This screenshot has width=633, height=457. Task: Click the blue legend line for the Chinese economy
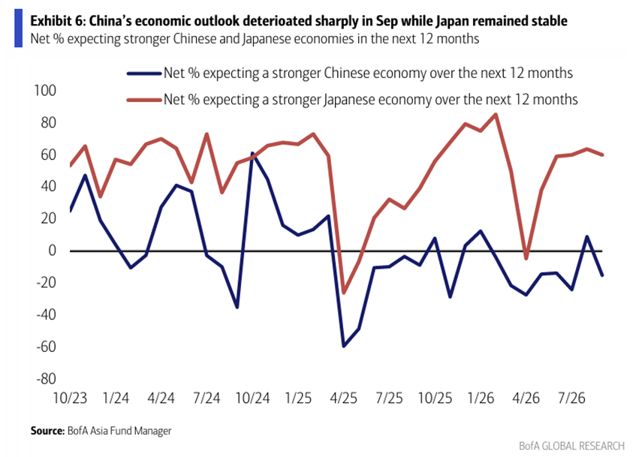[x=144, y=74]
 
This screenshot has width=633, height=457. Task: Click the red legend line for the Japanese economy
[x=144, y=100]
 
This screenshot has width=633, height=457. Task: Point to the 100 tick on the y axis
[x=45, y=90]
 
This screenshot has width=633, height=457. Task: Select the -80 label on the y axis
[x=46, y=379]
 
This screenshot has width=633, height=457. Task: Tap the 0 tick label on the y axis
[x=52, y=251]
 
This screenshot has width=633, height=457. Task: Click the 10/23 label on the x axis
[x=71, y=398]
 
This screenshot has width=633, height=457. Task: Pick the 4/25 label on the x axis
[x=344, y=398]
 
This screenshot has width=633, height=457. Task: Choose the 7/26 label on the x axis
[x=571, y=398]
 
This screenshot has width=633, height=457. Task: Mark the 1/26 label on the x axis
[x=481, y=398]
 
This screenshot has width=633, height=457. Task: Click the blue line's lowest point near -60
[x=344, y=346]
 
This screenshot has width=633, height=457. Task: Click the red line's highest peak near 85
[x=496, y=114]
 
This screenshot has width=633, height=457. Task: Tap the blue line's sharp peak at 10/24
[x=252, y=153]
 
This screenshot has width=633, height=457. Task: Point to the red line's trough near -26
[x=344, y=293]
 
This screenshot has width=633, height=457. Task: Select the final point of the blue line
[x=602, y=275]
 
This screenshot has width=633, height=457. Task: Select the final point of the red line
[x=602, y=155]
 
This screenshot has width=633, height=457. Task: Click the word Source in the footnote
[x=47, y=431]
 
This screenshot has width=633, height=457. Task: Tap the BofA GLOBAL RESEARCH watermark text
[x=571, y=446]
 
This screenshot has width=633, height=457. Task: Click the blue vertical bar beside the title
[x=18, y=29]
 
